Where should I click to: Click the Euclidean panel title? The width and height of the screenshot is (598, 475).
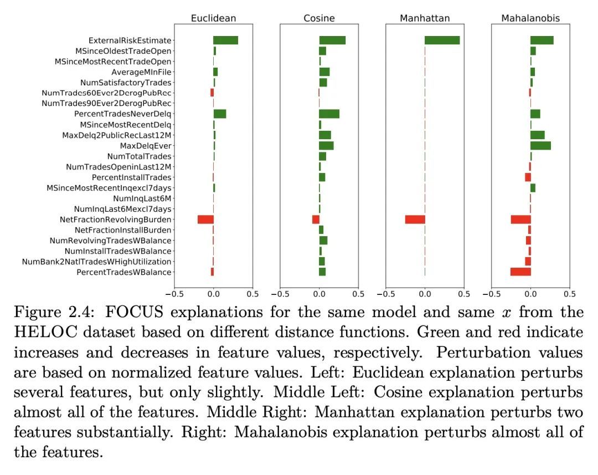(213, 18)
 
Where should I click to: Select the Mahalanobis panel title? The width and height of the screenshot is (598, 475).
(530, 18)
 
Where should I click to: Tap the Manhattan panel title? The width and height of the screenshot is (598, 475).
(425, 18)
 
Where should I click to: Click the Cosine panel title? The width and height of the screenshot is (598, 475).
(319, 18)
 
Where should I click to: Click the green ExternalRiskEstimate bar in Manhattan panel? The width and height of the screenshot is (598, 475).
(442, 40)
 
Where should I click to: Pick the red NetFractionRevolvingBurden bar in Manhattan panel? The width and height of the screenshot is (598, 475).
(415, 219)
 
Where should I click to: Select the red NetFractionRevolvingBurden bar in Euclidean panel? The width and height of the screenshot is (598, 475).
(205, 219)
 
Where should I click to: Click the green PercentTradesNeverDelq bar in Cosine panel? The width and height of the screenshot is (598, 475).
(329, 114)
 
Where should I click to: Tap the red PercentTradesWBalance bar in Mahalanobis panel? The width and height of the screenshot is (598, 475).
(520, 272)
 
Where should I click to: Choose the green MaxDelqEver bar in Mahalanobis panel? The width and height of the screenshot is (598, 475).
(540, 146)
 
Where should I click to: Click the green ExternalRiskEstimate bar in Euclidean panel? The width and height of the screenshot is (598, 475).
(225, 40)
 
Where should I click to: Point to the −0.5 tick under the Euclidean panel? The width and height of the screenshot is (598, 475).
(174, 294)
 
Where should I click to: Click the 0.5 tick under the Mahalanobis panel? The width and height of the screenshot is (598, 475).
(570, 294)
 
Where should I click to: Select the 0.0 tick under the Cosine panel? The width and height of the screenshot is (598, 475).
(319, 294)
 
